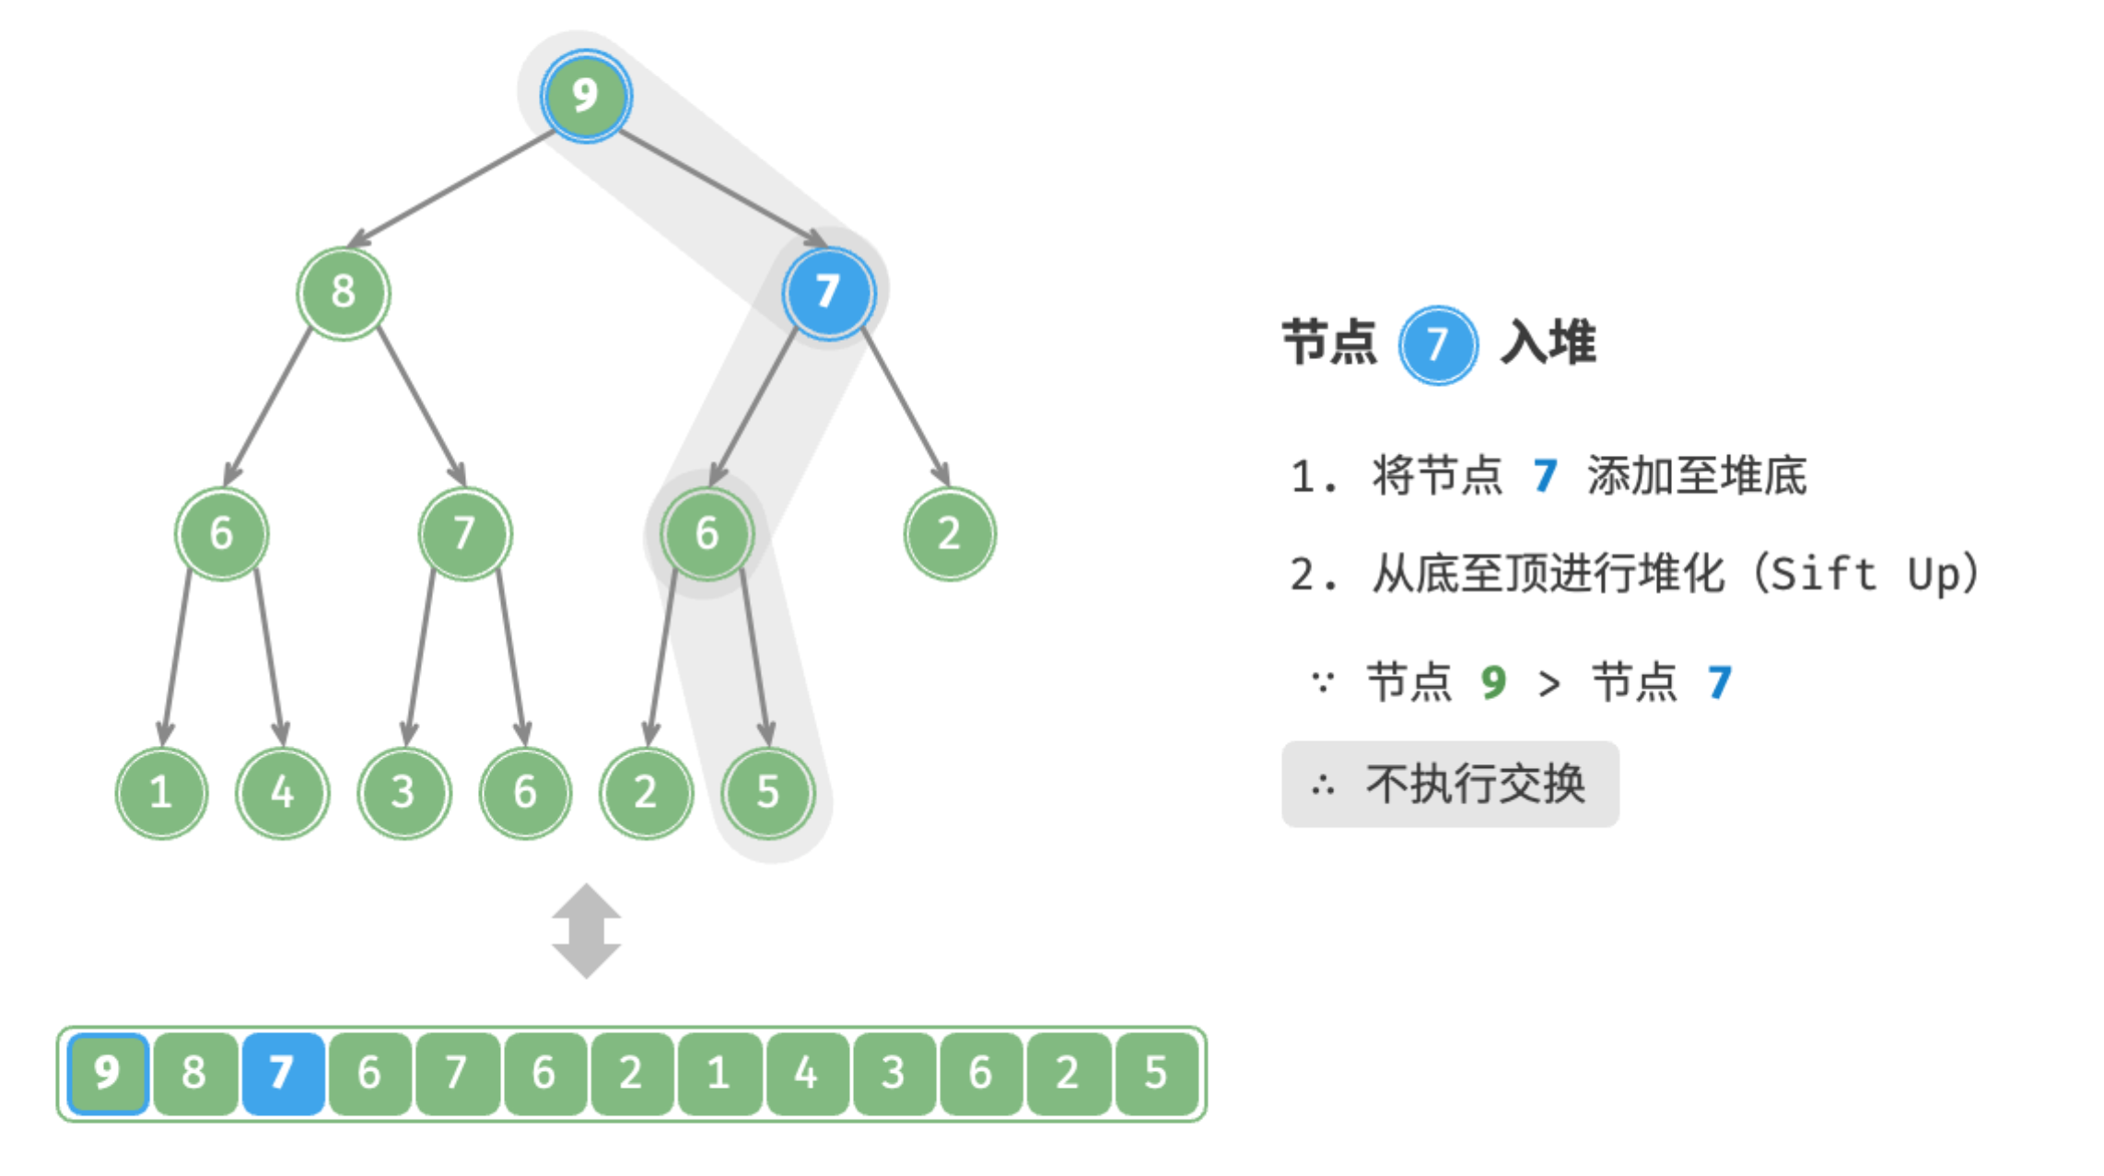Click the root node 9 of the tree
(586, 96)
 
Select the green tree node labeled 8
(344, 293)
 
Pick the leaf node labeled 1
(161, 793)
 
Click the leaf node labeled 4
(283, 793)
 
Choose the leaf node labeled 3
(404, 793)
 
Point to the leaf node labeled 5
(768, 793)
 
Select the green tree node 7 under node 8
(465, 534)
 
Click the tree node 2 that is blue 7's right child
(950, 534)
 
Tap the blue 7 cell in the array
(283, 1074)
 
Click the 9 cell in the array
(108, 1074)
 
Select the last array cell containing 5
(1156, 1074)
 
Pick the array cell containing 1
(719, 1074)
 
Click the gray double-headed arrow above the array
(587, 931)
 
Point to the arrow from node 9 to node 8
(450, 190)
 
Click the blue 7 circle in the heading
(1438, 345)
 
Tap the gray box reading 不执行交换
(1450, 785)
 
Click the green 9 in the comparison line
(1493, 682)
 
